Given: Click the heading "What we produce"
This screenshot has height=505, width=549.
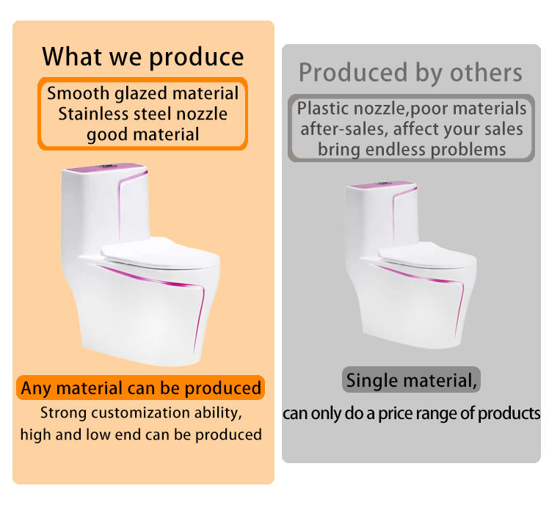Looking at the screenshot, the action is [x=143, y=57].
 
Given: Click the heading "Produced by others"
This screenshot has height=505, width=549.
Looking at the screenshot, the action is [x=410, y=73].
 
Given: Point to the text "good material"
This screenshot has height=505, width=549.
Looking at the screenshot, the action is [x=143, y=135].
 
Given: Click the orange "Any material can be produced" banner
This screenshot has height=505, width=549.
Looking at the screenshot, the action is [x=140, y=388].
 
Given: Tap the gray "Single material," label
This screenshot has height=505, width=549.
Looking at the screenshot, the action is [x=411, y=380].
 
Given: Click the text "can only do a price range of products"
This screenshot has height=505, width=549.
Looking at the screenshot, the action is [x=412, y=413].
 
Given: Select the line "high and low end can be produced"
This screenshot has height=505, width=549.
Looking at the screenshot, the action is [x=141, y=435].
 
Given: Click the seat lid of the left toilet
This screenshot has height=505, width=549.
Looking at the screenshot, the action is [x=159, y=252].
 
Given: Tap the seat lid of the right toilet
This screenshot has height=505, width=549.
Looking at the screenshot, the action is [x=426, y=255].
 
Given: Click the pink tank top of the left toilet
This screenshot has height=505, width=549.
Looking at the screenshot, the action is [x=105, y=167].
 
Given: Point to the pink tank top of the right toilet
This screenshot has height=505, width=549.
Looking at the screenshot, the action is [x=382, y=185].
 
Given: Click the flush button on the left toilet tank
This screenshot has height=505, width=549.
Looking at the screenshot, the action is [x=107, y=165].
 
